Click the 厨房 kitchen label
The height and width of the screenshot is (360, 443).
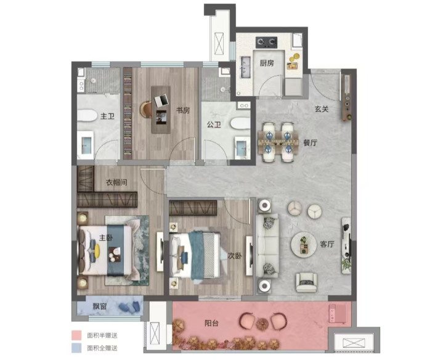[267, 63]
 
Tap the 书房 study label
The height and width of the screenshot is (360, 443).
[183, 110]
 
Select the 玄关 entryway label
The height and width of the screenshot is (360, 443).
[322, 108]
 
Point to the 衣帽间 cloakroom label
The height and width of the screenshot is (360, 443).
[116, 182]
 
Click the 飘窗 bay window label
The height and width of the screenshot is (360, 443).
[100, 306]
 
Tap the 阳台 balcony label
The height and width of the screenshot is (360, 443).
[211, 323]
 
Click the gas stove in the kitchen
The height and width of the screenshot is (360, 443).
[266, 43]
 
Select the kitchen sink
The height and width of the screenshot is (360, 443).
[245, 67]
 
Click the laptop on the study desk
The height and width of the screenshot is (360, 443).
[161, 100]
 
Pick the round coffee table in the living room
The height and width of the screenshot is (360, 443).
[304, 245]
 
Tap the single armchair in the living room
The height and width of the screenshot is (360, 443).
[306, 282]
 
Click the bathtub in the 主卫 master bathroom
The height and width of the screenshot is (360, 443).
[87, 115]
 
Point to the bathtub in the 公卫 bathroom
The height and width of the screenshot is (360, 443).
[240, 123]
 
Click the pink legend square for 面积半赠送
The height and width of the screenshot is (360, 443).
[76, 335]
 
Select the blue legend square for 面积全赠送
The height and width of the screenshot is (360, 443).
[76, 348]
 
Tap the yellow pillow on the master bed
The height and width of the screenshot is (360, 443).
[97, 251]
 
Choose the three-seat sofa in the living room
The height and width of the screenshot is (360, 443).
[267, 245]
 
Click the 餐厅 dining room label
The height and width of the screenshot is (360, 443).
[310, 142]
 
